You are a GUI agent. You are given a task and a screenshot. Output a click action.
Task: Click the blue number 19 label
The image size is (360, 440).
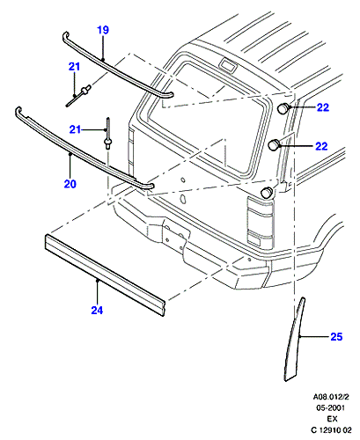point(103,30)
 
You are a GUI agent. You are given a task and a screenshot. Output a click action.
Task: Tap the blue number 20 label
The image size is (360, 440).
point(70,184)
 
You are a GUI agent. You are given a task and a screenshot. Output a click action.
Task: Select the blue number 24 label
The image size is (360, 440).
point(97,310)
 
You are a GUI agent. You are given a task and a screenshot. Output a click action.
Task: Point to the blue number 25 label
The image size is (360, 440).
point(336,336)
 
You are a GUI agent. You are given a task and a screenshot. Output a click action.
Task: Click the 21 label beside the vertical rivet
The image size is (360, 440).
point(75,129)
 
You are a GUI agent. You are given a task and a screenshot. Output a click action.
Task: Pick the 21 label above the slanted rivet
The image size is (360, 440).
point(74,67)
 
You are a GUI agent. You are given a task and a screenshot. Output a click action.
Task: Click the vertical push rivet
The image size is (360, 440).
point(108,134)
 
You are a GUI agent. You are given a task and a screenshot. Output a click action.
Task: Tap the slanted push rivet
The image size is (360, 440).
point(78,96)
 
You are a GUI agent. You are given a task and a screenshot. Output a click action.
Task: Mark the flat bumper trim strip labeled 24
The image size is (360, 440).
point(105,275)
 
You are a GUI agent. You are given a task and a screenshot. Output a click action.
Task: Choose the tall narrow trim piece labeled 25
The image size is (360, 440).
point(294,341)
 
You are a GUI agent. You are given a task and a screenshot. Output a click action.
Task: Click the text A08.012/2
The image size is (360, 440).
point(331,397)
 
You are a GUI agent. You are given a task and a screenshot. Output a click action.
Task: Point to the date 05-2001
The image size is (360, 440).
point(330,407)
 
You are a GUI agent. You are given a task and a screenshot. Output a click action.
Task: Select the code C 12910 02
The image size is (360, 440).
point(331,430)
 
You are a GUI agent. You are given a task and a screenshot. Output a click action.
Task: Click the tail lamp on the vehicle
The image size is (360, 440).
point(260,222)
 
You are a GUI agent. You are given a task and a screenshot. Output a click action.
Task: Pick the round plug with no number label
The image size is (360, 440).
point(267,192)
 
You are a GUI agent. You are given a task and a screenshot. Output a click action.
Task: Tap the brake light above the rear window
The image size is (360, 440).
point(228,65)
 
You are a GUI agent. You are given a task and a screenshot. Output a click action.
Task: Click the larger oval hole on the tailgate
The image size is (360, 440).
point(182,199)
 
